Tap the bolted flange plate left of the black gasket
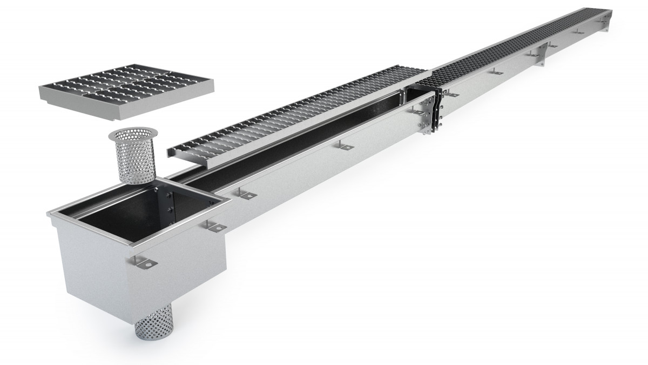(427, 116)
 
